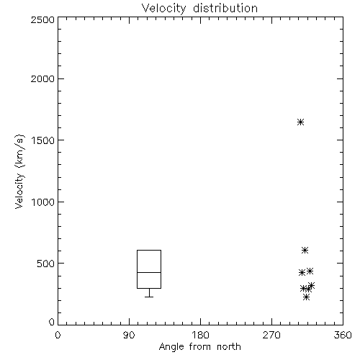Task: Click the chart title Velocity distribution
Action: click(199, 9)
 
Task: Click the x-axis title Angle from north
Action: click(199, 347)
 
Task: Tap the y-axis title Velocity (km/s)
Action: click(19, 171)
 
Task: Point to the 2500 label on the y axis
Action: click(42, 19)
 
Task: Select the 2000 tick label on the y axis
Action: click(42, 78)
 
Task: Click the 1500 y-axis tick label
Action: click(43, 140)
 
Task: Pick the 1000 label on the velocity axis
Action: click(43, 202)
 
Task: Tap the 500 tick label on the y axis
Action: click(46, 264)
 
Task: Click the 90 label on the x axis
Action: click(129, 335)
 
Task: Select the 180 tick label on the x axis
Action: click(200, 335)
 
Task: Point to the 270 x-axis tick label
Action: click(271, 335)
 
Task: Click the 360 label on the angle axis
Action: click(343, 335)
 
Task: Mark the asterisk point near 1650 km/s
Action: click(300, 122)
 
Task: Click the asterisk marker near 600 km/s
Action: click(305, 251)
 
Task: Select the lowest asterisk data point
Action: click(306, 297)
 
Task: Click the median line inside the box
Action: click(149, 272)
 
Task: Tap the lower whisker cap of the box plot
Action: click(149, 297)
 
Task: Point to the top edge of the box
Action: click(149, 250)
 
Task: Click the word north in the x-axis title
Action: click(229, 347)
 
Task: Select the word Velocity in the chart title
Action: click(163, 9)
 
